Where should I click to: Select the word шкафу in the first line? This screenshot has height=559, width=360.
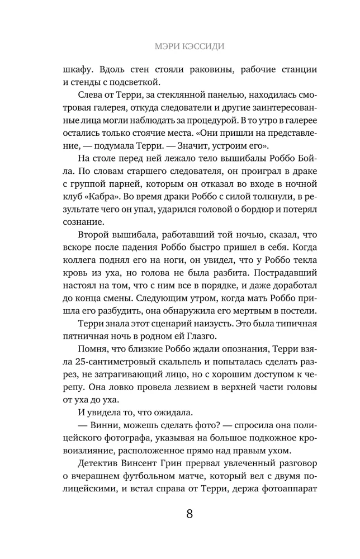pyautogui.click(x=80, y=71)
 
